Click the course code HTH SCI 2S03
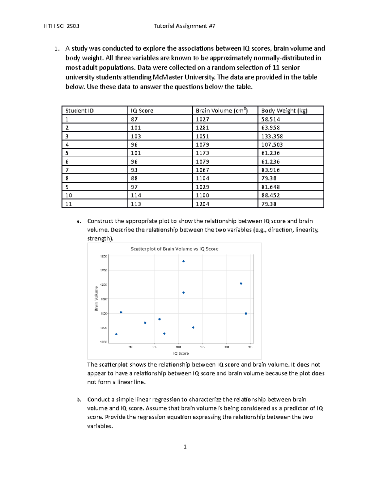[x=62, y=26]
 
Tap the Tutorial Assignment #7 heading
[x=185, y=26]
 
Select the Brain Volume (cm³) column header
[x=221, y=111]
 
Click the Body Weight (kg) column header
[x=284, y=111]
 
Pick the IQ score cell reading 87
[x=134, y=119]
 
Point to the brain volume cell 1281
[x=202, y=128]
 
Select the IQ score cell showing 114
[x=136, y=195]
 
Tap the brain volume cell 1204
[x=202, y=204]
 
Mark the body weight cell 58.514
[x=271, y=119]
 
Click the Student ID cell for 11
[x=69, y=204]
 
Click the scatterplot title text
[x=174, y=249]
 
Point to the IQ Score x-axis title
[x=181, y=353]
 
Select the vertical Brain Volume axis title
[x=96, y=298]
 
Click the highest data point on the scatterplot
[x=183, y=261]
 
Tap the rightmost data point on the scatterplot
[x=246, y=313]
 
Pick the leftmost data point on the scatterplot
[x=116, y=334]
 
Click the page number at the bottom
[x=185, y=447]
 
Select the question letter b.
[x=79, y=400]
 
